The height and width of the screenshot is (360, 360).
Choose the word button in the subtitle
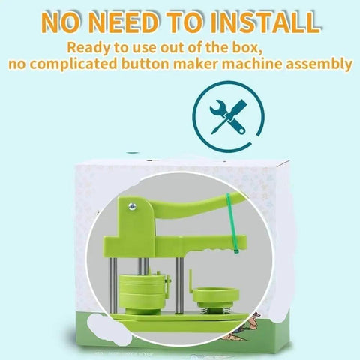145,64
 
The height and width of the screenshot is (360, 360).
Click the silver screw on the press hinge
132,206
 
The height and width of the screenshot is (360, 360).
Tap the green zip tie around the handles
232,223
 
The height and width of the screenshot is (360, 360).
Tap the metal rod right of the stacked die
180,285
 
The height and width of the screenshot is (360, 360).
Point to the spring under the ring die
210,310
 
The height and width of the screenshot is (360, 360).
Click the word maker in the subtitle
196,64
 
